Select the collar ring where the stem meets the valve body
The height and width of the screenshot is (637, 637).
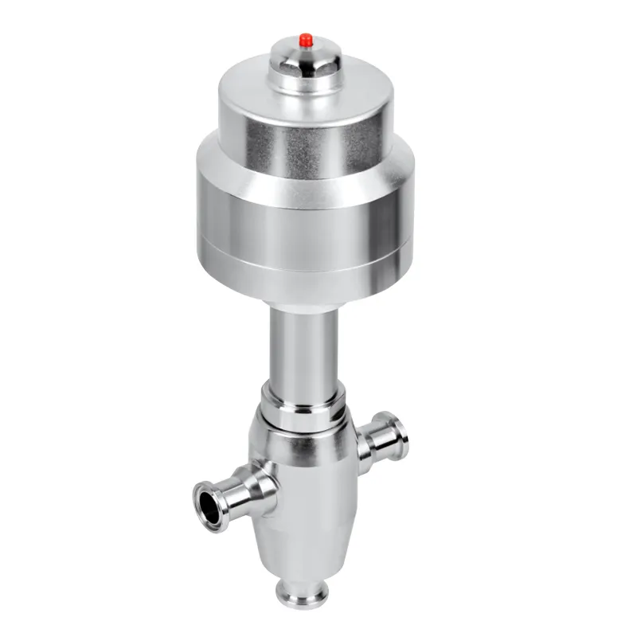303,402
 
